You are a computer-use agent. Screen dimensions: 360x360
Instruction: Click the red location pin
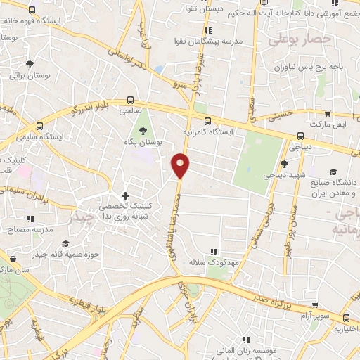[181, 165]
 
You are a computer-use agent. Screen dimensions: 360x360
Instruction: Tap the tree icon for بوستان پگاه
[143, 130]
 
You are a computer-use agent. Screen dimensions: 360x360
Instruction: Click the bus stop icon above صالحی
[130, 100]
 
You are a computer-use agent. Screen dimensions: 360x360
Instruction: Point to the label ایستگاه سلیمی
[60, 135]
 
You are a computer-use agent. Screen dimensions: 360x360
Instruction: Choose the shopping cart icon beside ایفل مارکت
[328, 112]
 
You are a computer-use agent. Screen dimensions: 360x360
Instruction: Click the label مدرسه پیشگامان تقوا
[208, 41]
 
